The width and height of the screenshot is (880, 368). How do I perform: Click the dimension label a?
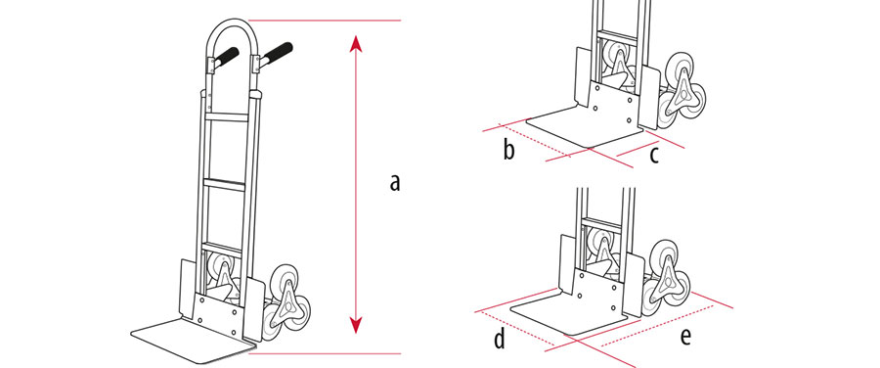click(395, 182)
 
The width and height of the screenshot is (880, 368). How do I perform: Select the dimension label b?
click(508, 150)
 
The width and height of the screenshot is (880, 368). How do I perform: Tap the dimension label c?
click(654, 156)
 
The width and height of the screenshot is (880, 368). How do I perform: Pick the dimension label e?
click(684, 336)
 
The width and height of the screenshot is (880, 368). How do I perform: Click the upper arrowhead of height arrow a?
click(355, 43)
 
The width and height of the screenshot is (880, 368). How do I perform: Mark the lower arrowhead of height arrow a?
click(355, 325)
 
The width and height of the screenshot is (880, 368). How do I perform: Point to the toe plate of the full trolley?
click(192, 340)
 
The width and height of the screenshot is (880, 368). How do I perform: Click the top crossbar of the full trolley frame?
click(226, 116)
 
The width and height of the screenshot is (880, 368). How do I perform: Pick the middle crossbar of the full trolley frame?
click(224, 184)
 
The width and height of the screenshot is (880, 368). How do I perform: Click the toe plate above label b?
click(584, 128)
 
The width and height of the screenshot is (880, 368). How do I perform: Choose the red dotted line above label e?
click(658, 325)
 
